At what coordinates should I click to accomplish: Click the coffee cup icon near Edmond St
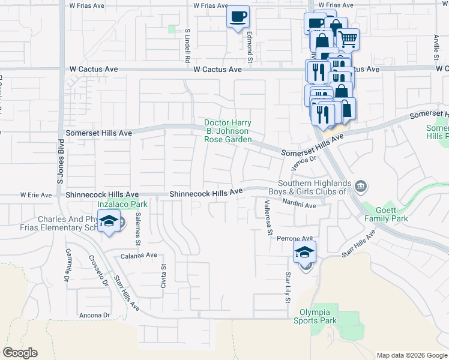[238, 16]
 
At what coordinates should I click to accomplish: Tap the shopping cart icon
[348, 40]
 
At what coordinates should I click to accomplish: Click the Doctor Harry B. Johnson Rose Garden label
[228, 131]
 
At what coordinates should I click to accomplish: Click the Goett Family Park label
[386, 214]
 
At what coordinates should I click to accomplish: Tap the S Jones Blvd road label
[59, 161]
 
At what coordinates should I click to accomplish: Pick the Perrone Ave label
[295, 238]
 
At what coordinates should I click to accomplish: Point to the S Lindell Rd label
[188, 46]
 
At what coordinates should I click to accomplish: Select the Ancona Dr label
[94, 315]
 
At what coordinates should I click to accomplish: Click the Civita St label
[163, 276]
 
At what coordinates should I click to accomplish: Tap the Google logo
[20, 353]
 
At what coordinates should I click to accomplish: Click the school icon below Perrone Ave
[305, 252]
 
